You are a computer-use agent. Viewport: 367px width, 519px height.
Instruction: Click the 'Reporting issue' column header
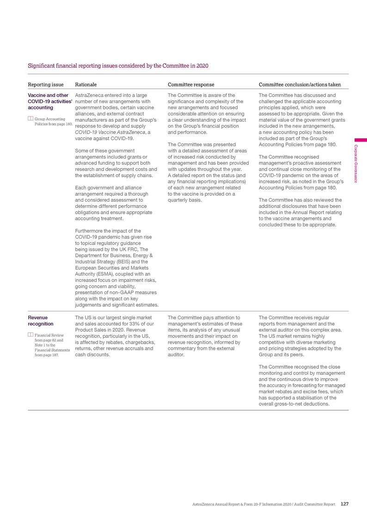(46, 85)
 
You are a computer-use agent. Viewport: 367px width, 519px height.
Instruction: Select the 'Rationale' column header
(86, 85)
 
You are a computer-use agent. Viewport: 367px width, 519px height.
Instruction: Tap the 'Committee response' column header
(190, 85)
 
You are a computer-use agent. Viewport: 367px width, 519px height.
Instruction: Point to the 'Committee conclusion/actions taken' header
(300, 85)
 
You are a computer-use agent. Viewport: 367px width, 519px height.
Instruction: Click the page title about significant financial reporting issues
(118, 66)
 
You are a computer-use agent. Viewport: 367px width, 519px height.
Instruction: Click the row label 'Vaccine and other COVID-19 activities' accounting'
(48, 101)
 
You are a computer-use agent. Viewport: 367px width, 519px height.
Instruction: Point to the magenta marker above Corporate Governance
(360, 140)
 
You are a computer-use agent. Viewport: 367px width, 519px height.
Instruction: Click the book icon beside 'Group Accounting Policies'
(31, 119)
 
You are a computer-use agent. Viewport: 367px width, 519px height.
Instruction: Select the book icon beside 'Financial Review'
(31, 335)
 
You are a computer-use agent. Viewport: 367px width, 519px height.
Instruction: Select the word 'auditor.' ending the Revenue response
(176, 355)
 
